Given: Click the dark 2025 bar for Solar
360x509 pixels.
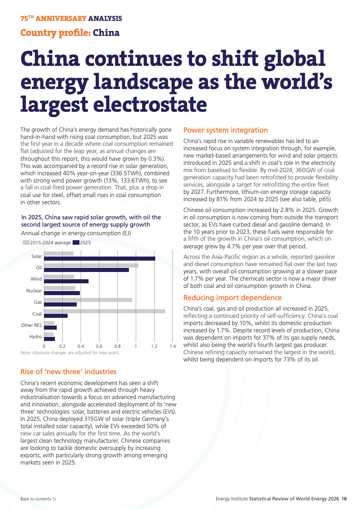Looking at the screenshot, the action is pyautogui.click(x=100, y=258).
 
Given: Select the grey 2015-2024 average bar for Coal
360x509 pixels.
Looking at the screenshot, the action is pyautogui.click(x=104, y=311).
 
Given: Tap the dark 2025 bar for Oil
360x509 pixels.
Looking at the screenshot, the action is pyautogui.click(x=86, y=270).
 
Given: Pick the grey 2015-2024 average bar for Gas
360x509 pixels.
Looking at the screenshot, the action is pyautogui.click(x=88, y=300).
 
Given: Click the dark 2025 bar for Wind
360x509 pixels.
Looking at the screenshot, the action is pyautogui.click(x=66, y=281).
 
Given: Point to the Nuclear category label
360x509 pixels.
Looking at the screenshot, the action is pyautogui.click(x=34, y=291).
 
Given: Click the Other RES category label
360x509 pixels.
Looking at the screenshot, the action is pyautogui.click(x=31, y=325).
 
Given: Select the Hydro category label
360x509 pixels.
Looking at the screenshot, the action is pyautogui.click(x=35, y=336).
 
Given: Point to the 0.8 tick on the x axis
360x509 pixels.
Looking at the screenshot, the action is pyautogui.click(x=118, y=346).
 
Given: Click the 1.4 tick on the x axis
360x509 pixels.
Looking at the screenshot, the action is pyautogui.click(x=173, y=346).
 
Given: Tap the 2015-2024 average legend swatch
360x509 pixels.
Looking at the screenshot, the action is pyautogui.click(x=25, y=242).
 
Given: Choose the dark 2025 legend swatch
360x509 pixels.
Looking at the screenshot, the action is pyautogui.click(x=76, y=242).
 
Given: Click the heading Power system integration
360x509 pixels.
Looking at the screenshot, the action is pyautogui.click(x=226, y=130).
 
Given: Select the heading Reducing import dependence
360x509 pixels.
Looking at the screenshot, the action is pyautogui.click(x=232, y=298).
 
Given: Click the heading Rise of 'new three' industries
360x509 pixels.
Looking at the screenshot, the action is pyautogui.click(x=69, y=372).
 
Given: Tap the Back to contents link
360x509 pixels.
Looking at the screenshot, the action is pyautogui.click(x=38, y=499).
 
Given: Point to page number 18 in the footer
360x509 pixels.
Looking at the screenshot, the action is pyautogui.click(x=344, y=499).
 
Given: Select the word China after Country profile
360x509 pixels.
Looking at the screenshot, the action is pyautogui.click(x=106, y=33).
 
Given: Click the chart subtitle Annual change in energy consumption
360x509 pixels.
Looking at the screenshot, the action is pyautogui.click(x=76, y=233).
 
